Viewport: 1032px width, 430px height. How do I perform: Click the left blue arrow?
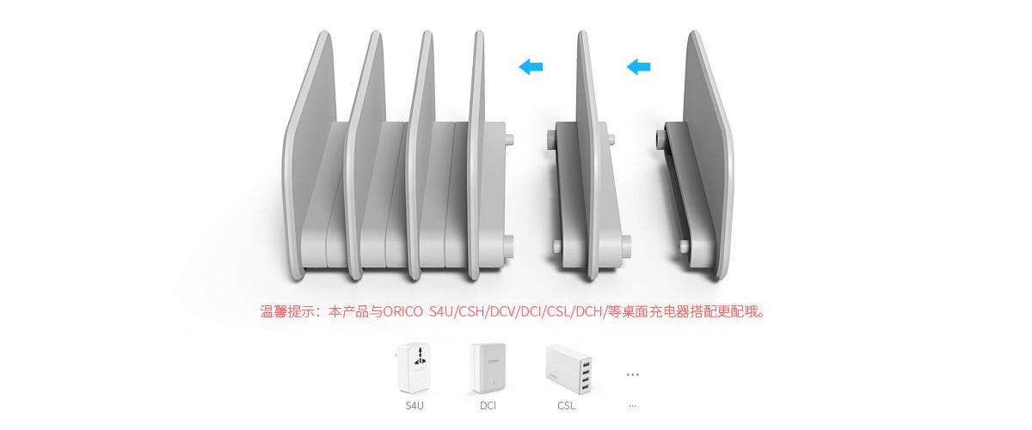(x=531, y=67)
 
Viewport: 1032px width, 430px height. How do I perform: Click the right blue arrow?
(x=638, y=67)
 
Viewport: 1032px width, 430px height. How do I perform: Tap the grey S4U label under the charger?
(x=415, y=406)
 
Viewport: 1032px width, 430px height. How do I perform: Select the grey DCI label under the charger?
(x=488, y=406)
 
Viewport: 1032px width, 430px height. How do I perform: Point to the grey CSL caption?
(x=566, y=406)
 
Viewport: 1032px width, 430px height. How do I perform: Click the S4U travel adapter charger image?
(x=414, y=368)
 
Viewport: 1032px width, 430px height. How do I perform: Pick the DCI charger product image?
(x=488, y=368)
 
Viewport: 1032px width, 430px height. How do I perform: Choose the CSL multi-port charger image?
(x=568, y=369)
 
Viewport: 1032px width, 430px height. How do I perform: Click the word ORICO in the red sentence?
(x=403, y=312)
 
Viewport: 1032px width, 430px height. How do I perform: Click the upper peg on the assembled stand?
(x=509, y=139)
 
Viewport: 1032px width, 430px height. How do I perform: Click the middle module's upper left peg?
(x=551, y=138)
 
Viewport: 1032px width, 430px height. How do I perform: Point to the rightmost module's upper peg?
(x=660, y=138)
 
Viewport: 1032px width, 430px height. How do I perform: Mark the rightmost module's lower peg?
(x=685, y=246)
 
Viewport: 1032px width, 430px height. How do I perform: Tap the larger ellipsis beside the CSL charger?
(x=633, y=374)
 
